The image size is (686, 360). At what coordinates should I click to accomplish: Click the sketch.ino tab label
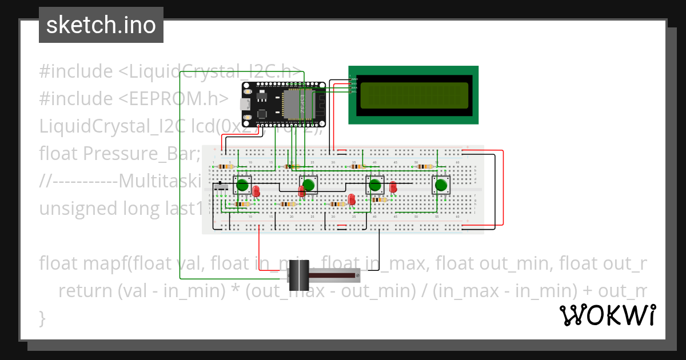pyautogui.click(x=101, y=25)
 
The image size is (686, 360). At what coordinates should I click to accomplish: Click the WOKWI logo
pyautogui.click(x=607, y=315)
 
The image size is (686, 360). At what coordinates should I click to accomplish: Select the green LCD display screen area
pyautogui.click(x=414, y=95)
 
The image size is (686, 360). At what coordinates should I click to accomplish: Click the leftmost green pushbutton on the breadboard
pyautogui.click(x=242, y=185)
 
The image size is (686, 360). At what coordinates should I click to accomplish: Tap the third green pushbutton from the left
pyautogui.click(x=375, y=185)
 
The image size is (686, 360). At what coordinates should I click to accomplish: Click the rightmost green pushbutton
pyautogui.click(x=441, y=185)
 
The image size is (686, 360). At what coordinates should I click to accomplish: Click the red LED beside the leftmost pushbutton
pyautogui.click(x=256, y=191)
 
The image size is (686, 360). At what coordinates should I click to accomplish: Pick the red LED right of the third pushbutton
pyautogui.click(x=393, y=186)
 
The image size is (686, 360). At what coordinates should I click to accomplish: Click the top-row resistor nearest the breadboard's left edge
pyautogui.click(x=225, y=166)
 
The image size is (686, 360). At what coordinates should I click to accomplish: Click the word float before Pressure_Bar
pyautogui.click(x=59, y=154)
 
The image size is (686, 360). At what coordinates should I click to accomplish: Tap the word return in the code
pyautogui.click(x=86, y=291)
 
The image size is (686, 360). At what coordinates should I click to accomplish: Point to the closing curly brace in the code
pyautogui.click(x=42, y=317)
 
